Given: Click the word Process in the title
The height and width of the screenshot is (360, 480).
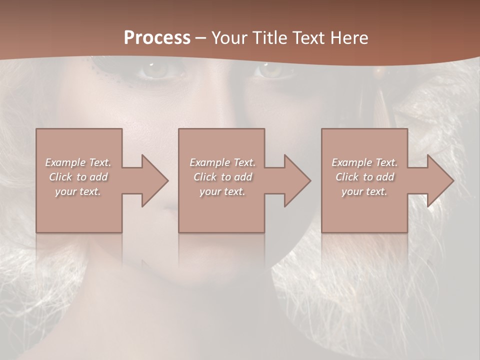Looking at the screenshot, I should click(x=157, y=38).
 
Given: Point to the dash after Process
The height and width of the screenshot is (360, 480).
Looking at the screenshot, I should click(x=201, y=38).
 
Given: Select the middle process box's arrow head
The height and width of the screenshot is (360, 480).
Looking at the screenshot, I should click(x=296, y=180).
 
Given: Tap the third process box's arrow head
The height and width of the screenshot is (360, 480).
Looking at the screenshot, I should click(x=439, y=180).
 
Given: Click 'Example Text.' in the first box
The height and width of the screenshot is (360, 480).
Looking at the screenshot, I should click(x=78, y=162).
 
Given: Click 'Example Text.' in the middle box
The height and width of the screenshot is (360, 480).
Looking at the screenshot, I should click(x=222, y=162).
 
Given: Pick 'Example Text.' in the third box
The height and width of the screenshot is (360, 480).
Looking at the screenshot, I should click(x=364, y=162).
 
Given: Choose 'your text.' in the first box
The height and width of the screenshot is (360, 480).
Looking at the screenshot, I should click(x=78, y=191).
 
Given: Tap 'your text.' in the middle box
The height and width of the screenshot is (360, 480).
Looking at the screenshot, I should click(x=222, y=191).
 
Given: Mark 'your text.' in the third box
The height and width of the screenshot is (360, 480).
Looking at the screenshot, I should click(x=364, y=191).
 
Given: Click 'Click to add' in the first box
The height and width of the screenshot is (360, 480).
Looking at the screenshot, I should click(x=78, y=177).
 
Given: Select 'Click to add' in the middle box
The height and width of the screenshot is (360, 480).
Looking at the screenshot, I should click(x=222, y=177).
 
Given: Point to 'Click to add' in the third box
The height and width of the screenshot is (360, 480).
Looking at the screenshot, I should click(x=364, y=177).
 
